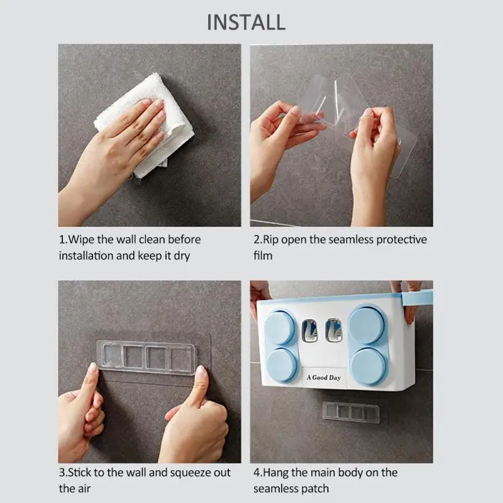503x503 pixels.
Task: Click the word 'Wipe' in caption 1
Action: point(81,240)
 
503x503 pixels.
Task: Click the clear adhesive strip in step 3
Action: point(146,357)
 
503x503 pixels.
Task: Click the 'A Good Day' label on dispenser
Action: point(324,377)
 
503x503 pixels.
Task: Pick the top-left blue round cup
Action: point(280,327)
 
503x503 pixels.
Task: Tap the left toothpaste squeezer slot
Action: point(309,331)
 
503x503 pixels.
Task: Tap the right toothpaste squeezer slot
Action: point(334,331)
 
